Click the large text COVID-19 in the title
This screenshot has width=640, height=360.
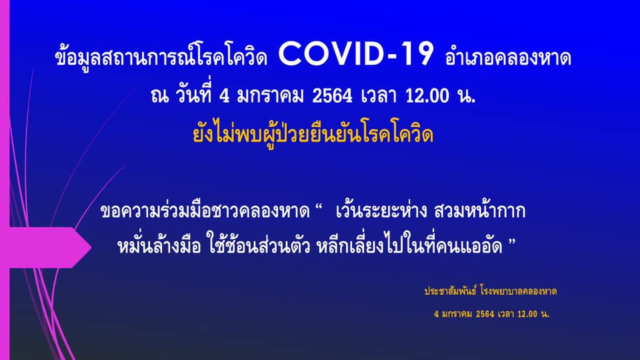click(355, 54)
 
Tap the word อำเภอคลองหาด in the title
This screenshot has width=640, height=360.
click(508, 58)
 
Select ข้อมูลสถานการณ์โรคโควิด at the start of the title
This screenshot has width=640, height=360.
click(161, 57)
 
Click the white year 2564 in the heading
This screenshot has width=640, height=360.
click(332, 96)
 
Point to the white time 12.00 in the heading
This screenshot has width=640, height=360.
click(427, 96)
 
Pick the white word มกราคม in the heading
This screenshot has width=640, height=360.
click(270, 96)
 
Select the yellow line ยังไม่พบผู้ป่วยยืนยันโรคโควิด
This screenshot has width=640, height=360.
click(313, 134)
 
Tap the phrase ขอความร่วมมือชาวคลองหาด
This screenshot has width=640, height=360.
click(205, 211)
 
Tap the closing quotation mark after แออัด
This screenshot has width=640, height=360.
click(512, 242)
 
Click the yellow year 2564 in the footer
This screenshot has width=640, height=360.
click(485, 314)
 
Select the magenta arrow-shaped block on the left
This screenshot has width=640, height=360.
click(46, 247)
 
